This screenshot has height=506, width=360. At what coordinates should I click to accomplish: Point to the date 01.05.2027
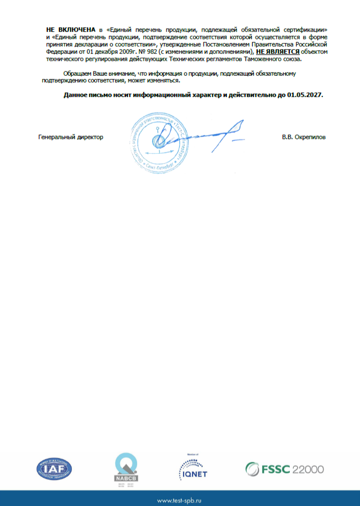coord(304,95)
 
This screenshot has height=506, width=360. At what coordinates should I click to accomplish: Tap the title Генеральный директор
coord(71,137)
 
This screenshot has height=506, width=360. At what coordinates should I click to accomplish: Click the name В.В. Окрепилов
coord(303,137)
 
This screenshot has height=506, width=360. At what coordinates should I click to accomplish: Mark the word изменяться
coord(163,80)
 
